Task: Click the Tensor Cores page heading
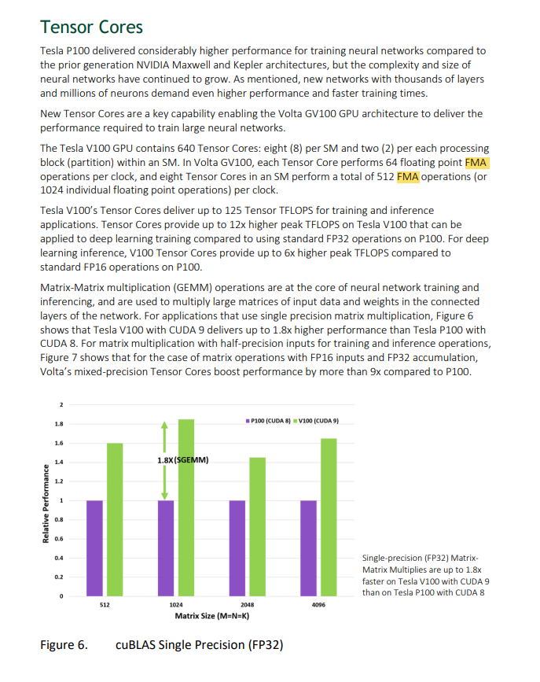91,27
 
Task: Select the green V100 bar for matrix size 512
115,520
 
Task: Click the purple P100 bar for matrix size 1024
166,548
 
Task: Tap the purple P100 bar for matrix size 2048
237,548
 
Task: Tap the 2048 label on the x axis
247,605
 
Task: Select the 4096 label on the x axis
318,605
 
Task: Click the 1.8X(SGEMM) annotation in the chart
182,459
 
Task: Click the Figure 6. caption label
64,645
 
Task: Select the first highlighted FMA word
477,162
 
